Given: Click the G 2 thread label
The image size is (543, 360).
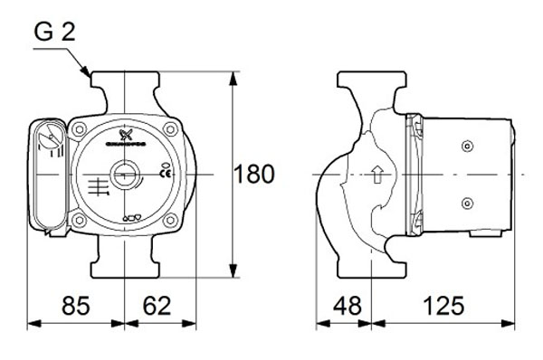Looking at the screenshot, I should (54, 34).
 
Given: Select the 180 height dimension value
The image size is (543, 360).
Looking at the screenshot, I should (254, 174).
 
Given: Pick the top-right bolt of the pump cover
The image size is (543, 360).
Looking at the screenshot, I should (167, 130).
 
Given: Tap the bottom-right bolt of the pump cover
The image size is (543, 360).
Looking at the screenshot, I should (167, 218).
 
